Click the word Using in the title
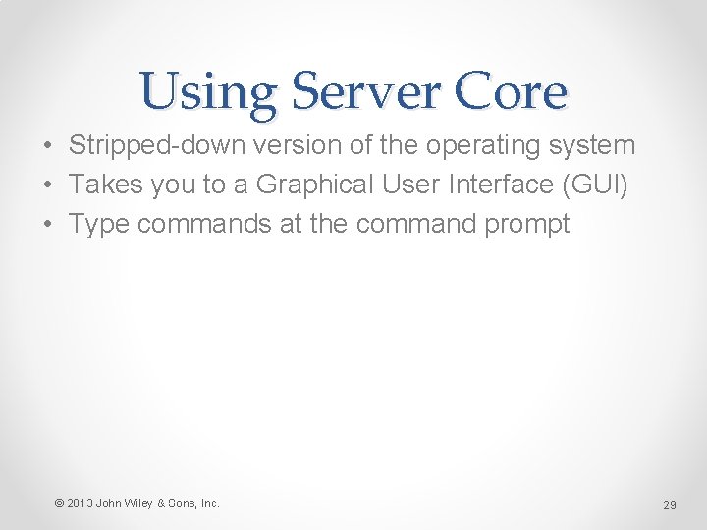click(207, 94)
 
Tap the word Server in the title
click(363, 94)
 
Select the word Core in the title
click(511, 94)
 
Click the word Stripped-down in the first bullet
click(157, 146)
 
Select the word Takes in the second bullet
click(103, 185)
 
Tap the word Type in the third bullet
click(99, 224)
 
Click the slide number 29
click(670, 505)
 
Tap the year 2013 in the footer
click(80, 503)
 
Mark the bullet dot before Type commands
click(47, 225)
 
